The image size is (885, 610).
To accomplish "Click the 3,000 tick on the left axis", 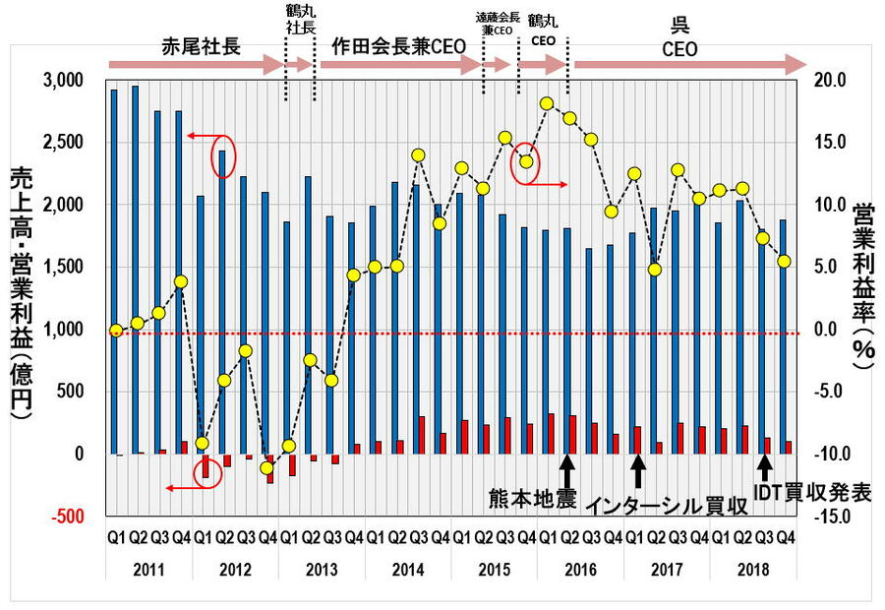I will click(x=66, y=80).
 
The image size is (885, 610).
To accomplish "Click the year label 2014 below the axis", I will click(x=407, y=570).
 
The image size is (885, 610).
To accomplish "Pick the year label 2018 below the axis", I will click(x=752, y=570).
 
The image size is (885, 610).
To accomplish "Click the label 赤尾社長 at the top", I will click(x=200, y=46).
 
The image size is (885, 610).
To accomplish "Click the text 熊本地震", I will click(x=531, y=496).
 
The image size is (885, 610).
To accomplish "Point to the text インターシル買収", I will click(x=668, y=506).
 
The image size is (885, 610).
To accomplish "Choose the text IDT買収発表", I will click(x=812, y=493).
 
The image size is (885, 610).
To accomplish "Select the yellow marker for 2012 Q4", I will click(x=266, y=467).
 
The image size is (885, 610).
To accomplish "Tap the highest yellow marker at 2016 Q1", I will click(x=548, y=103).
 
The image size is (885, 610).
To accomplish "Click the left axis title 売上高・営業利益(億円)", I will click(x=21, y=295).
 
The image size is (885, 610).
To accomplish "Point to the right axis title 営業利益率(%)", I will click(x=863, y=285).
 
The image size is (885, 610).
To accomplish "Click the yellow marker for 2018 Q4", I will click(x=784, y=261).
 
